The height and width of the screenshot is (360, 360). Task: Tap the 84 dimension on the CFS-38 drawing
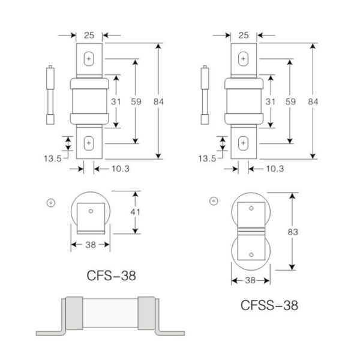point(158,102)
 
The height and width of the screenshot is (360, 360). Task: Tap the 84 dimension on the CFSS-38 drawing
point(312,102)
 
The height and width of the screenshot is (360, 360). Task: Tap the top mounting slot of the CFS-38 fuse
point(89,59)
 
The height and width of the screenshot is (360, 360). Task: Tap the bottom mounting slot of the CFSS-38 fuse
point(243,143)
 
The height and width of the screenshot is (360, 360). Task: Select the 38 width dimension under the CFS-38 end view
point(90,244)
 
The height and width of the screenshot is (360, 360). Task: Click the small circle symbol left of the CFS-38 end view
point(52,202)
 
